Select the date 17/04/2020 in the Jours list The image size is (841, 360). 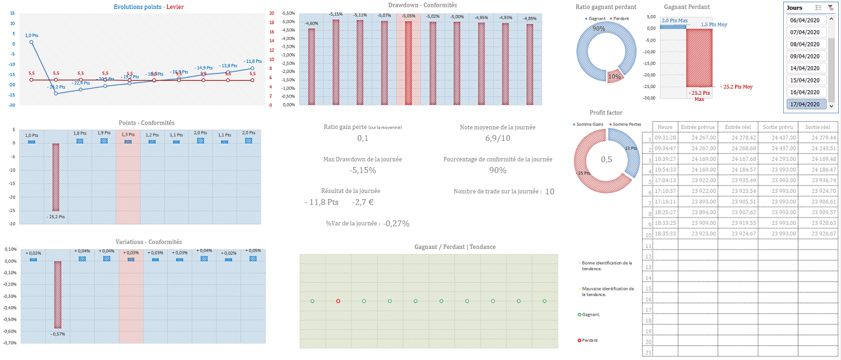[x=808, y=104]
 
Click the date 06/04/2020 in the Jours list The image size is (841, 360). [x=808, y=20]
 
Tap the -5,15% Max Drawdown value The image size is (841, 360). [x=363, y=170]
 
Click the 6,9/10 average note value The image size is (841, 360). [x=497, y=138]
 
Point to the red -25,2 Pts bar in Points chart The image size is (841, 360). [x=56, y=177]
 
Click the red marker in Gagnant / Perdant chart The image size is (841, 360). [x=338, y=301]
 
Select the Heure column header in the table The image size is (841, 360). [x=666, y=127]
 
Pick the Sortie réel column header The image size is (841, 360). [x=817, y=127]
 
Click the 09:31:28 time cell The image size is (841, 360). [x=666, y=138]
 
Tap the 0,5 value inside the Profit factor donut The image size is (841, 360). [x=607, y=160]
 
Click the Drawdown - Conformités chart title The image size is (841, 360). [x=422, y=5]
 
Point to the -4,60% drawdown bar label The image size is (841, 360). [x=311, y=24]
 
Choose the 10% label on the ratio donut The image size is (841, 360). [x=615, y=77]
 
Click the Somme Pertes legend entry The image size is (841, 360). [x=626, y=124]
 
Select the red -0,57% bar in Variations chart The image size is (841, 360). [x=58, y=294]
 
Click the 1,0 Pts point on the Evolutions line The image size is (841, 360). [x=31, y=42]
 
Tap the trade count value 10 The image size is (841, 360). [x=549, y=192]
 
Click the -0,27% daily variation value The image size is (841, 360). [x=396, y=224]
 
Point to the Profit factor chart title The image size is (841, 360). [x=606, y=113]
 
